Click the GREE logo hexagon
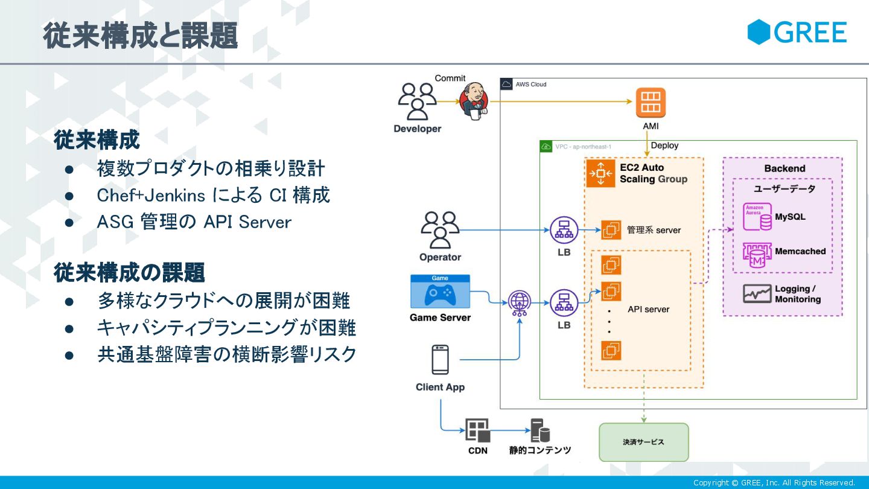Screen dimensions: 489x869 759,32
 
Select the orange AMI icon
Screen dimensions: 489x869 651,103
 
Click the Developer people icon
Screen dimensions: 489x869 417,101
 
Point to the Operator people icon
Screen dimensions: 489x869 440,230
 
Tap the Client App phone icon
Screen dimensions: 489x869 440,360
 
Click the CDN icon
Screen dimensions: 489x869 477,430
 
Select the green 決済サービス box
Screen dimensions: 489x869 643,442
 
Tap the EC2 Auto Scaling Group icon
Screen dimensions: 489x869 601,173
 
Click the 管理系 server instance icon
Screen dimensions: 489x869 611,230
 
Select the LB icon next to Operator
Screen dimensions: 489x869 564,230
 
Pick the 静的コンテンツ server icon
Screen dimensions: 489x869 540,430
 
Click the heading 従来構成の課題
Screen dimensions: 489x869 130,273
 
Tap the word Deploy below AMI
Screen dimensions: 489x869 664,145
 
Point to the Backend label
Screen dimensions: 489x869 785,168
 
